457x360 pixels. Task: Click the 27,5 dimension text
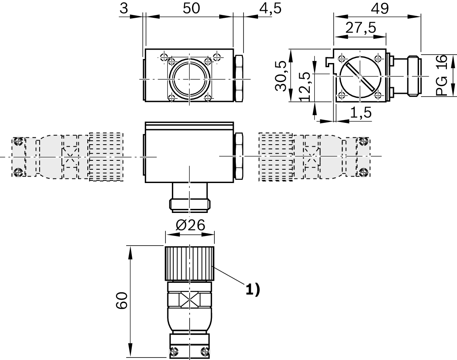(x=361, y=28)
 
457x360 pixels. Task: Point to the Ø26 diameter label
(x=190, y=225)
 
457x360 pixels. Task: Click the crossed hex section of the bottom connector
(x=190, y=300)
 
